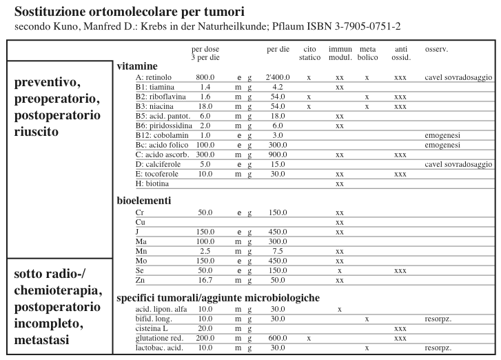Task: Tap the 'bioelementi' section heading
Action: click(x=144, y=200)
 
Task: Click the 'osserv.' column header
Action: click(x=437, y=50)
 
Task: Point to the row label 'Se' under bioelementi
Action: click(x=140, y=271)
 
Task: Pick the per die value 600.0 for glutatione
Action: click(x=278, y=339)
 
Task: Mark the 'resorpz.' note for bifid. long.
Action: click(x=438, y=319)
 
